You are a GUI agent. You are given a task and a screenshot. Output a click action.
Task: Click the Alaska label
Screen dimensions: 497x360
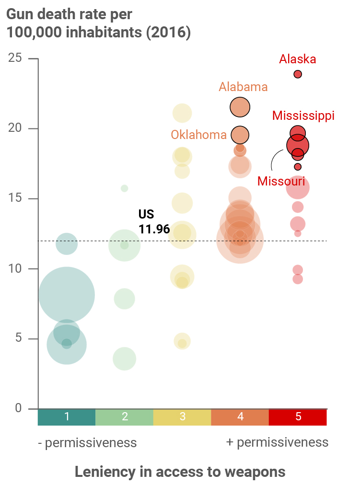point(298,59)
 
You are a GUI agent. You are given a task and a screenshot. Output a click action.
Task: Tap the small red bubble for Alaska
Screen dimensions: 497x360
point(298,74)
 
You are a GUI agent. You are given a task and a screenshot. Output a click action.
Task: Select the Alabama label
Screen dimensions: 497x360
point(243,87)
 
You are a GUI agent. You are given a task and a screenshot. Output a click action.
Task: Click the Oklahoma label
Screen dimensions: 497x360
point(198,135)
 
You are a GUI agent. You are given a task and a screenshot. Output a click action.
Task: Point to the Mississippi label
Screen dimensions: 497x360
point(303,116)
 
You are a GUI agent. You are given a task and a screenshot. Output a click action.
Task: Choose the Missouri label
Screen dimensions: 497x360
point(281,181)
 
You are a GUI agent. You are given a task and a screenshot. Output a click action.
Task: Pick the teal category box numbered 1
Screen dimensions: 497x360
point(67,417)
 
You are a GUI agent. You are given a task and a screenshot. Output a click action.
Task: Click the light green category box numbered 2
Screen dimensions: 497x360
point(125,417)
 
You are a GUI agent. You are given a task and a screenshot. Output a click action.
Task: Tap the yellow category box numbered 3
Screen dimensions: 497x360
point(182,417)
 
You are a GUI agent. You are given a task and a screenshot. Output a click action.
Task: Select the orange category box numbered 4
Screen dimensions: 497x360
point(240,417)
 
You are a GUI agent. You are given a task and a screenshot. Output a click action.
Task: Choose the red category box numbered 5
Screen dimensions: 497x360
point(298,417)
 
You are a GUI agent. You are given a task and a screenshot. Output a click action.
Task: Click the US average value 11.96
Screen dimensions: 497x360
point(154,230)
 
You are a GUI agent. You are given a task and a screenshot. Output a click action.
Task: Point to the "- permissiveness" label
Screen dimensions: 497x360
point(87,443)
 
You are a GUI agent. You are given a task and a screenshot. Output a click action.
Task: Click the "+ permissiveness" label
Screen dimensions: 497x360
point(277,442)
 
